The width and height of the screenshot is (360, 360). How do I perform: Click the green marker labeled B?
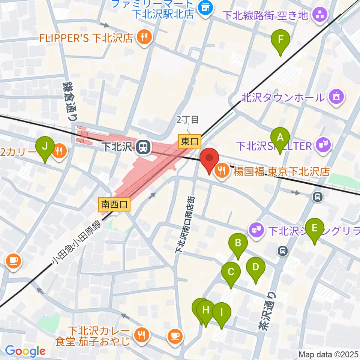pyautogui.click(x=238, y=244)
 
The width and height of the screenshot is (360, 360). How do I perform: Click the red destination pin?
pyautogui.click(x=209, y=158)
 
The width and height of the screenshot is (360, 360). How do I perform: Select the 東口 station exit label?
pyautogui.click(x=190, y=142)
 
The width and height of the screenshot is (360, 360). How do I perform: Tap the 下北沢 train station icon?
pyautogui.click(x=142, y=147)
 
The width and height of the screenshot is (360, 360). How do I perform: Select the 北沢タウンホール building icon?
pyautogui.click(x=335, y=97)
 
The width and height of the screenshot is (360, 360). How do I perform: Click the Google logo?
pyautogui.click(x=25, y=351)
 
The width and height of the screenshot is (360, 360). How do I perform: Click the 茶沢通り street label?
pyautogui.click(x=266, y=311)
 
